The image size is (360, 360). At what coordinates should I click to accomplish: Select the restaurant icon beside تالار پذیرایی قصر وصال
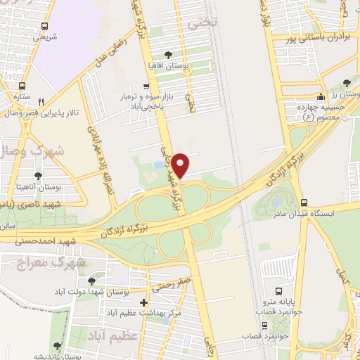[x=41, y=101]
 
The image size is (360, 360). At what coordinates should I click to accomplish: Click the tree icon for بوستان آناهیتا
[x=37, y=175]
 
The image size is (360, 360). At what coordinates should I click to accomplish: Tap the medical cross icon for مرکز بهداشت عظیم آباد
[x=144, y=302]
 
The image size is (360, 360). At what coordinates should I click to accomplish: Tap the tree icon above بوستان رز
[x=347, y=83]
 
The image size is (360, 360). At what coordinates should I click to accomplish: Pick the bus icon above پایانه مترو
[x=279, y=290]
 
